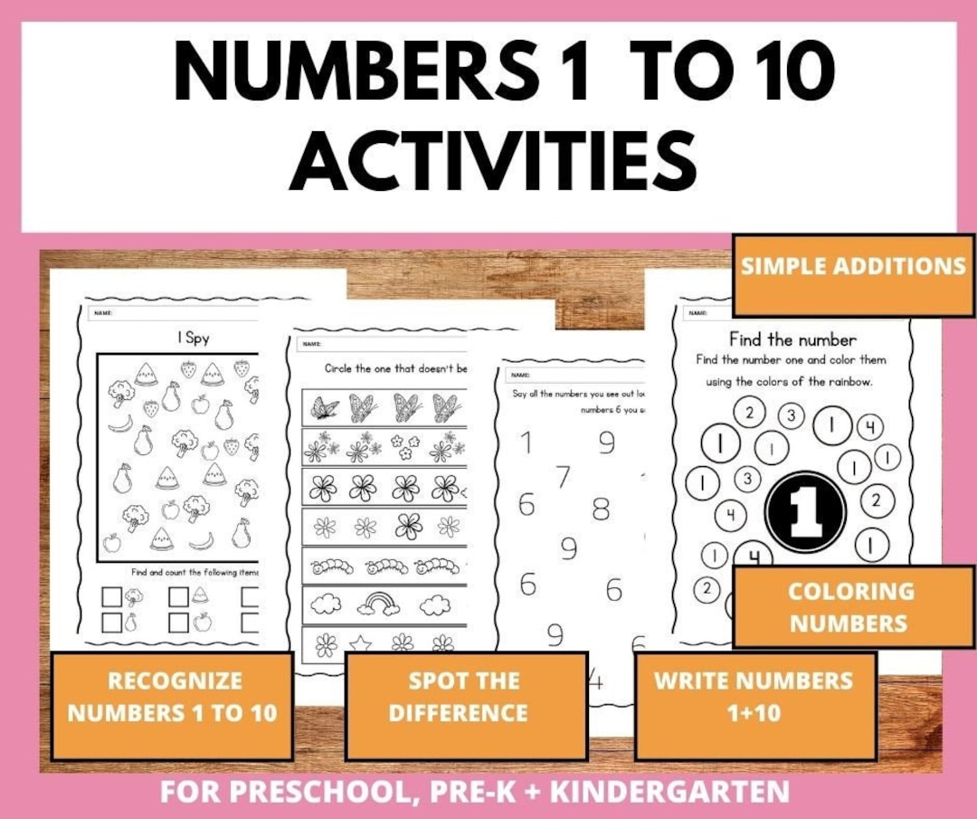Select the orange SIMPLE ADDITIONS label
point(853,266)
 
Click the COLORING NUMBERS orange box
point(851,606)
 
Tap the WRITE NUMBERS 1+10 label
point(754,696)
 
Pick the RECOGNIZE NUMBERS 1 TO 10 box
point(172,696)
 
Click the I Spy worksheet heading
point(194,338)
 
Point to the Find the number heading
point(792,339)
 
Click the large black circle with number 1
point(804,513)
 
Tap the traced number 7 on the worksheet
point(564,476)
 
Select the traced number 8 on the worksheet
point(601,509)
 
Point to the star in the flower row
point(360,643)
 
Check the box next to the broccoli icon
point(111,596)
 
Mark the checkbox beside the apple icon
point(178,622)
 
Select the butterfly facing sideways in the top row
point(324,408)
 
